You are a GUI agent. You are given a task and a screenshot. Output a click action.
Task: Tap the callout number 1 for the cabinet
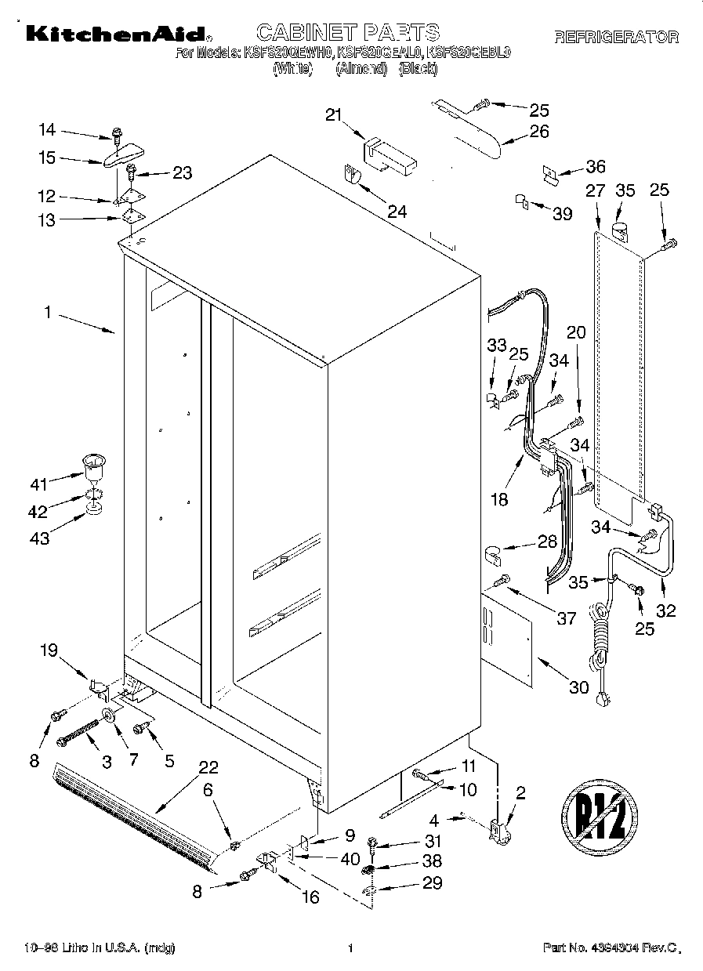pos(47,313)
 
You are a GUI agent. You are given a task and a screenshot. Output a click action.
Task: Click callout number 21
pos(335,116)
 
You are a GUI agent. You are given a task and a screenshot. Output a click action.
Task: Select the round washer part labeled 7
pos(107,715)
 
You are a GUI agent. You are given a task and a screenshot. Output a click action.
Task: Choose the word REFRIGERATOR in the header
pos(616,36)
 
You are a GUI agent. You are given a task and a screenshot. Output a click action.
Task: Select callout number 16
pos(311,897)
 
